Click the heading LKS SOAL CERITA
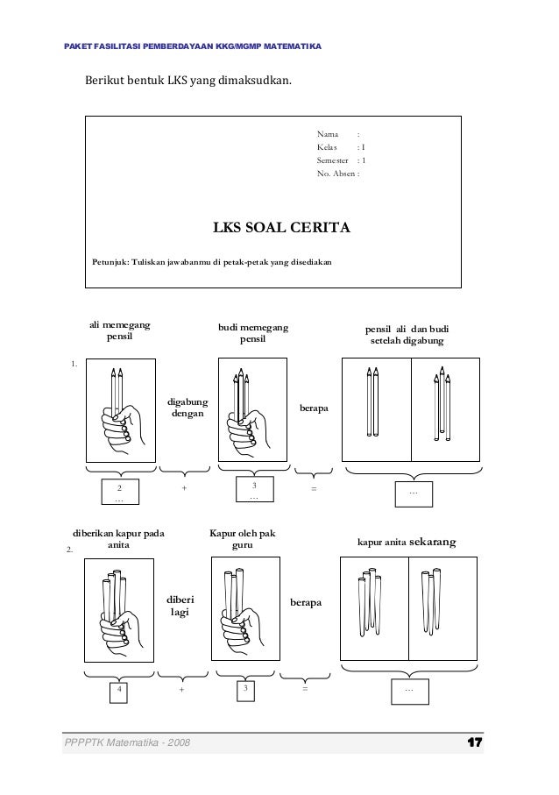pos(282,229)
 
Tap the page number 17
pos(475,743)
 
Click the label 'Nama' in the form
pos(328,134)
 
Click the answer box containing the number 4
pos(119,690)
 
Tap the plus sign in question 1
pos(184,488)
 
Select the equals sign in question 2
pos(304,689)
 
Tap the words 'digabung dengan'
pos(188,408)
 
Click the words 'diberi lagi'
pos(180,606)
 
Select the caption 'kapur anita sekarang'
pos(406,543)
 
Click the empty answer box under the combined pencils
pos(414,493)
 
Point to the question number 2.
pos(70,550)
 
